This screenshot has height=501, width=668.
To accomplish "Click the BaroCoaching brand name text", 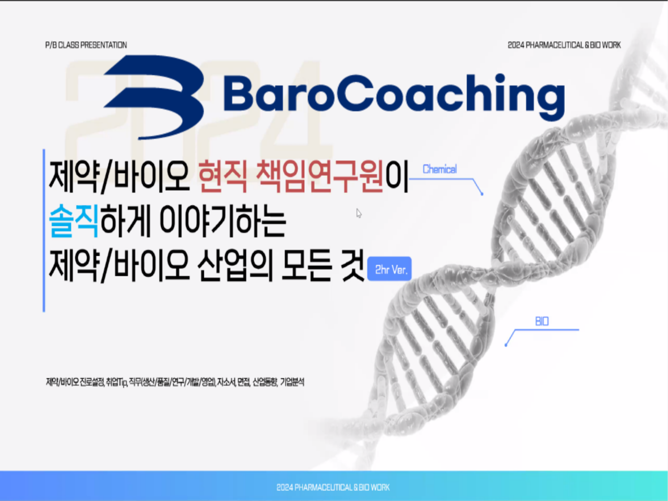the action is (394, 97).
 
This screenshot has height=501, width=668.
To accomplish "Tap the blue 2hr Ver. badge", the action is (389, 269).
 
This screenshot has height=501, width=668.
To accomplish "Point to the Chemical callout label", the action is (439, 170).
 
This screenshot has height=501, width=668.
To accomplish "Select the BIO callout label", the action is (542, 321).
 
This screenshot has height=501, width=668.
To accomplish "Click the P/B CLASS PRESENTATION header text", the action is (86, 45).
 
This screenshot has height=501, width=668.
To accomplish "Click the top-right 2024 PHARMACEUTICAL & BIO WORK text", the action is (564, 45).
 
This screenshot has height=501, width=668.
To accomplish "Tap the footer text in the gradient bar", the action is (333, 487).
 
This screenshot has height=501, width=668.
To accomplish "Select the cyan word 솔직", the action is (74, 221).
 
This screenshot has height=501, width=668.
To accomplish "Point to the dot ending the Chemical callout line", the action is (482, 194).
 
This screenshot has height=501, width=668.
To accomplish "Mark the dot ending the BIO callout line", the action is (506, 345).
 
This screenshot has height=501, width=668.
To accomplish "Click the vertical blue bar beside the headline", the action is (44, 230).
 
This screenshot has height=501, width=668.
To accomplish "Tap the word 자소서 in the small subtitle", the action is (226, 382).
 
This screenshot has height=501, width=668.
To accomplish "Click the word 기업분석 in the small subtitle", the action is (292, 382).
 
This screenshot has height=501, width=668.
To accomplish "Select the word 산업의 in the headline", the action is (235, 265).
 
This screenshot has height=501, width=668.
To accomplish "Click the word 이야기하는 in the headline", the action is (223, 221).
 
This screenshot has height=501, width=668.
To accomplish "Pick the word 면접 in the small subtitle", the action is (244, 382).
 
